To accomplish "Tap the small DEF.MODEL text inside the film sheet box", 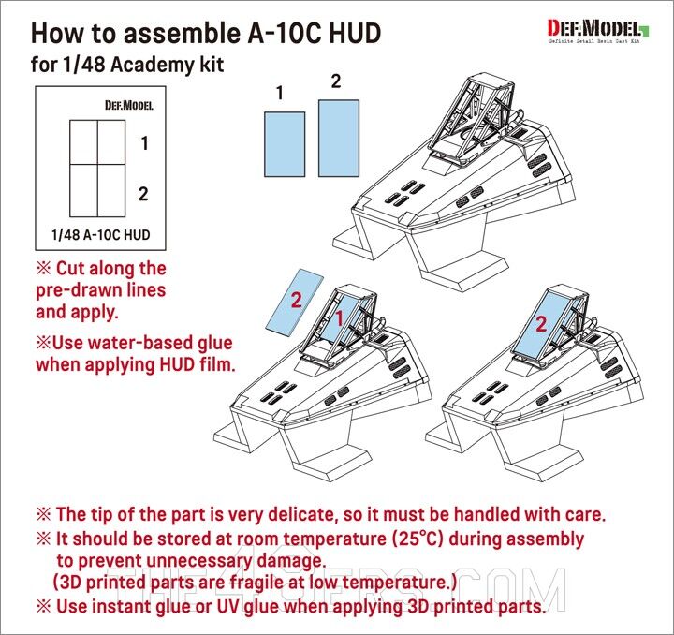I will [127, 104].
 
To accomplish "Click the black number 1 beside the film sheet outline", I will [144, 143].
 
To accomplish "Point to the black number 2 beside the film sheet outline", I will [144, 194].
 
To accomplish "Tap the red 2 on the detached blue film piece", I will [296, 302].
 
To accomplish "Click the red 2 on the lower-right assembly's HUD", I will [541, 325].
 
